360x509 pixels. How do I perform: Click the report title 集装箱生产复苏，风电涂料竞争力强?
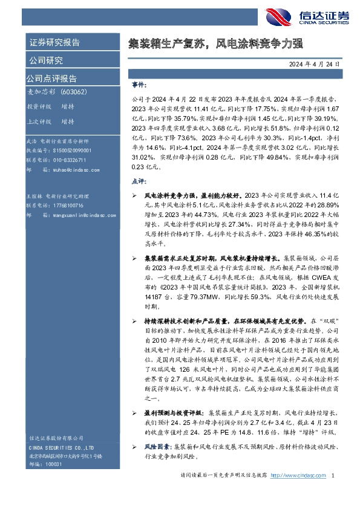215,44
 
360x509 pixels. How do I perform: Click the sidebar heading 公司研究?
45,60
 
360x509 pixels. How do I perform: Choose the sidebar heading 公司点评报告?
51,79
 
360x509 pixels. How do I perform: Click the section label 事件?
139,86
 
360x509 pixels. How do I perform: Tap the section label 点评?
139,181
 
